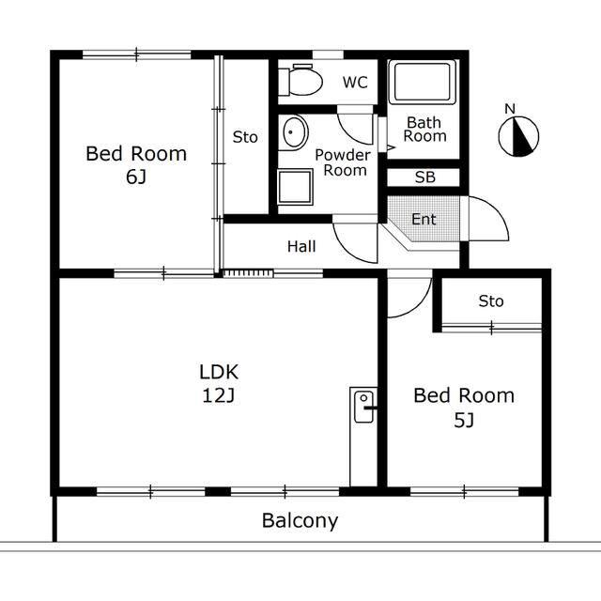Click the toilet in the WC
(300, 81)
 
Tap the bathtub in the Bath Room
(423, 82)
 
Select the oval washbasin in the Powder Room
(295, 132)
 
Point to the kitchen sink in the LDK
(363, 407)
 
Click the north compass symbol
(518, 137)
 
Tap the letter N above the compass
(510, 109)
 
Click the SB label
(425, 177)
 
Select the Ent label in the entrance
(424, 219)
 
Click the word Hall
(301, 246)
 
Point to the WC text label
(355, 83)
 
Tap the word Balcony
(300, 521)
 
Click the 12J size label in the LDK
(218, 395)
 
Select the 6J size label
(136, 177)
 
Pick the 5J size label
(464, 421)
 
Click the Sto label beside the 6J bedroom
(245, 137)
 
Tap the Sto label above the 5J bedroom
(491, 301)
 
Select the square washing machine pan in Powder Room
(295, 187)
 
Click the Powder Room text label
(343, 162)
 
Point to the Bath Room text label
(424, 130)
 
